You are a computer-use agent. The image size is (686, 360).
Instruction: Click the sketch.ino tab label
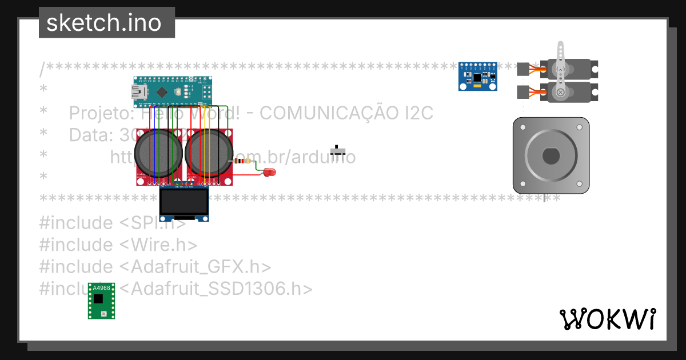point(103,23)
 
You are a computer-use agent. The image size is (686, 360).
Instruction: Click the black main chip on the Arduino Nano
point(162,91)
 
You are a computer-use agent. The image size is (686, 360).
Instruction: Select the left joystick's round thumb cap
point(158,153)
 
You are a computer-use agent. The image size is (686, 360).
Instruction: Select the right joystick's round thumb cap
point(209,153)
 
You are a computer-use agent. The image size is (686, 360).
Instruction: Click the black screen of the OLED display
point(184,202)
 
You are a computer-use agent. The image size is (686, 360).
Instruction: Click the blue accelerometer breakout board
point(477,76)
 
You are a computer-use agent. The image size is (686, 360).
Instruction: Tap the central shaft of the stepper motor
point(551,155)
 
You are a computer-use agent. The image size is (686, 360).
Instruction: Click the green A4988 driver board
point(101,301)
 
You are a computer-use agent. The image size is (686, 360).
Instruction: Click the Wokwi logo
point(607,319)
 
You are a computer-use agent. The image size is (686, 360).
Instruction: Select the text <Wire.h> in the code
point(158,245)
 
